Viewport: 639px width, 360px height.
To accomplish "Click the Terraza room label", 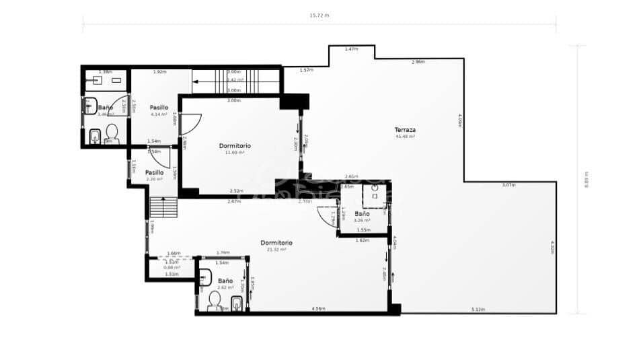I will click(406, 130).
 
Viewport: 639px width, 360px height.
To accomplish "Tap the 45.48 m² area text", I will click(406, 137).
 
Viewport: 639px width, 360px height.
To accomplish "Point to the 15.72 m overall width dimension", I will click(319, 15).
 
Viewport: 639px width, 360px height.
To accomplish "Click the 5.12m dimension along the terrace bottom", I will click(478, 310).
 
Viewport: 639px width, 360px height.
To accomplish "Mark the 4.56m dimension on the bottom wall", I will click(319, 309).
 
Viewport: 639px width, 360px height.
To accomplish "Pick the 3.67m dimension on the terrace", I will click(509, 185).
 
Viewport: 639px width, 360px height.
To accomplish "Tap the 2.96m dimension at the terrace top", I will click(418, 62).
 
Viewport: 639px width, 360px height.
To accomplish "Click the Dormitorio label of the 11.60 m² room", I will click(235, 145).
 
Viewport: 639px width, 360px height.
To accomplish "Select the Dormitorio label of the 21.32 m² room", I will click(276, 242).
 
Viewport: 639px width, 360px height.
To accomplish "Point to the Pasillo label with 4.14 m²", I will click(159, 107).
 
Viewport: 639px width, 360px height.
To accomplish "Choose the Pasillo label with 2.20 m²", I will click(155, 172).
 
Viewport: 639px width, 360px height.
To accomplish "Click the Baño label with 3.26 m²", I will click(363, 214).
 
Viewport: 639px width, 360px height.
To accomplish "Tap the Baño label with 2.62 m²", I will click(225, 281).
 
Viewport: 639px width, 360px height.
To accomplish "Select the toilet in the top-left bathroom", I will click(112, 131).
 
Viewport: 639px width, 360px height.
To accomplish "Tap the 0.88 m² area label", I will click(172, 268).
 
